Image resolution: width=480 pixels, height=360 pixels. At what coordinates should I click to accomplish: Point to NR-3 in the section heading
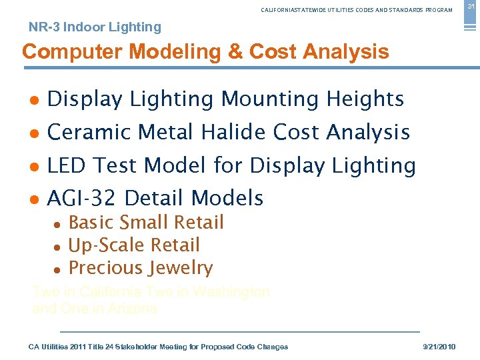coord(45,27)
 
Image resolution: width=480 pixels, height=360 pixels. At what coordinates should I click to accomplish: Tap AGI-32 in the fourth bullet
coord(83,198)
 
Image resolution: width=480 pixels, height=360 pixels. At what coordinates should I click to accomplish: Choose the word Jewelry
coord(182,268)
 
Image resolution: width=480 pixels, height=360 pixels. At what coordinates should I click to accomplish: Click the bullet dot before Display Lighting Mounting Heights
coord(33,100)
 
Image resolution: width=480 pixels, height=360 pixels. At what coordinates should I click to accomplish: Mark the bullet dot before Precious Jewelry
coord(58,269)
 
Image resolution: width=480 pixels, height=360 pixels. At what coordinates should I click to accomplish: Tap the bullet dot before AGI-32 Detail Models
coord(33,199)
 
